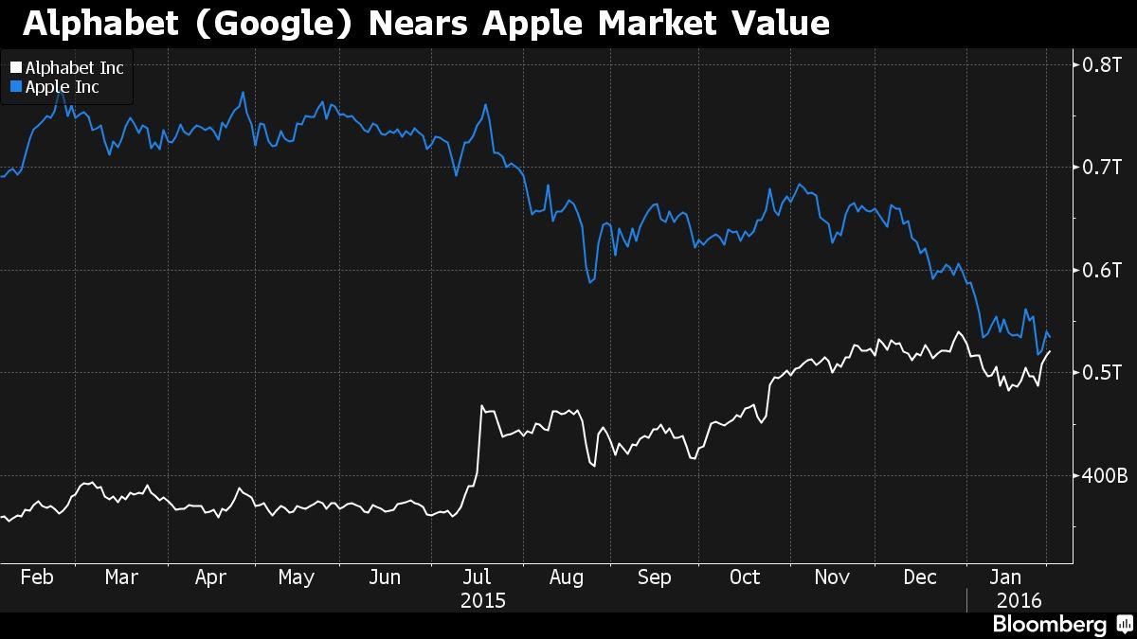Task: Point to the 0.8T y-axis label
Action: pyautogui.click(x=1103, y=64)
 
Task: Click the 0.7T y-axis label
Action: pyautogui.click(x=1103, y=168)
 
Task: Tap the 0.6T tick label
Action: pyautogui.click(x=1103, y=270)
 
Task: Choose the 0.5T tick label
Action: pyautogui.click(x=1103, y=373)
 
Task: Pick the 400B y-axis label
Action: pyautogui.click(x=1105, y=475)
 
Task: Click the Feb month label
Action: pyautogui.click(x=36, y=577)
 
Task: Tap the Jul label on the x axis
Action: pyautogui.click(x=478, y=577)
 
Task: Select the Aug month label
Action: pyautogui.click(x=566, y=577)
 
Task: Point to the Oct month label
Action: pyautogui.click(x=745, y=577)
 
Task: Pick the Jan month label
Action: pyautogui.click(x=1006, y=577)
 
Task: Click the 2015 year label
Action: pyautogui.click(x=482, y=600)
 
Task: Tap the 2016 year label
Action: pyautogui.click(x=1019, y=600)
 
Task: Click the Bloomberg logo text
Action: pyautogui.click(x=1049, y=625)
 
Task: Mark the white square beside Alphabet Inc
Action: pyautogui.click(x=15, y=68)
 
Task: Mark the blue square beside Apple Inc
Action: pyautogui.click(x=15, y=87)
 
